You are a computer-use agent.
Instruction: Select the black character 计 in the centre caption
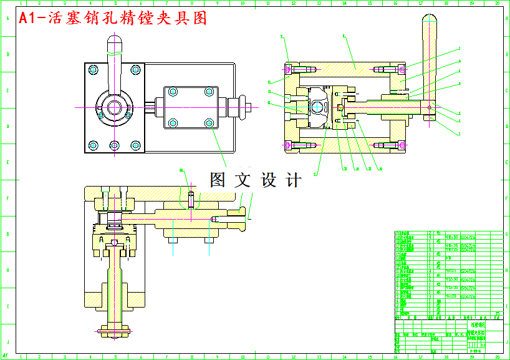click(x=292, y=180)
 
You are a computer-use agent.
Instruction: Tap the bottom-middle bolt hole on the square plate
click(x=115, y=145)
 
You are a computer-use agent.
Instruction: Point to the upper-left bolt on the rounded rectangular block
click(x=173, y=92)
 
